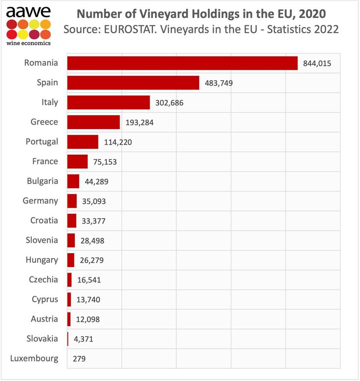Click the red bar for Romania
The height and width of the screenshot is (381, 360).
pyautogui.click(x=182, y=63)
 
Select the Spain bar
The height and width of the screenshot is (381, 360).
pyautogui.click(x=133, y=83)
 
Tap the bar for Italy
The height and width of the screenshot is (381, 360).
pyautogui.click(x=108, y=102)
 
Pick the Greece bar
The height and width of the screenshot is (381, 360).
pyautogui.click(x=94, y=122)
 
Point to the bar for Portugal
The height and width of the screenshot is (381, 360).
pyautogui.click(x=83, y=142)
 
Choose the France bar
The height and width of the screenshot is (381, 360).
pyautogui.click(x=77, y=162)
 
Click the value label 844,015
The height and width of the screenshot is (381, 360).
pyautogui.click(x=317, y=64)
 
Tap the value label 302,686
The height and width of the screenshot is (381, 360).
pyautogui.click(x=169, y=103)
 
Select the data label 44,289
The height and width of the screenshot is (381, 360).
pyautogui.click(x=96, y=181)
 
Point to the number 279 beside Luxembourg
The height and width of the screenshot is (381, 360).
pyautogui.click(x=79, y=359)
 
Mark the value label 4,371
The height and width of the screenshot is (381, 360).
pyautogui.click(x=83, y=339)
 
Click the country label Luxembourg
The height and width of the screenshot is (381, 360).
pyautogui.click(x=34, y=359)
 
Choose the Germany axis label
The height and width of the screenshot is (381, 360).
pyautogui.click(x=40, y=201)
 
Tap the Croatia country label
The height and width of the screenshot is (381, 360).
pyautogui.click(x=44, y=221)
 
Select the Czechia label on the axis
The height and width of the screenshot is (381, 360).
pyautogui.click(x=43, y=280)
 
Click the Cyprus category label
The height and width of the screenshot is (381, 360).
pyautogui.click(x=45, y=300)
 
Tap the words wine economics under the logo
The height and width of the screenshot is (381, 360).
pyautogui.click(x=28, y=43)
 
